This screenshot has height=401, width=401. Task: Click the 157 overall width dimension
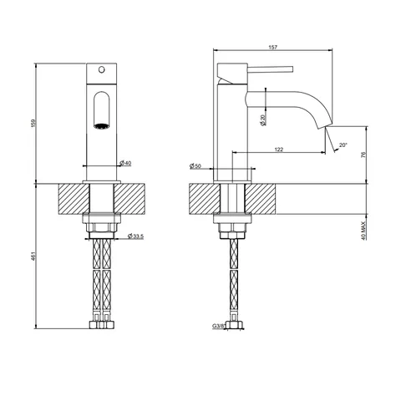coord(273,48)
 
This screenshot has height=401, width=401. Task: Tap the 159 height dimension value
coord(33,124)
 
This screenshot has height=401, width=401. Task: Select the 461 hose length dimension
coord(33,256)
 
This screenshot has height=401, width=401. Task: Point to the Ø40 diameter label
coord(125,163)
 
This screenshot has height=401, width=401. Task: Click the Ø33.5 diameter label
coord(135,236)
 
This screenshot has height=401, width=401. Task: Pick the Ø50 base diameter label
coord(195,166)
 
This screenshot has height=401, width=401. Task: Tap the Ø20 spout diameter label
coord(263,119)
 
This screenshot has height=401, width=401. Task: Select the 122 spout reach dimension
coord(279,150)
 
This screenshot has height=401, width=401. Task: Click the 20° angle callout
coord(343,145)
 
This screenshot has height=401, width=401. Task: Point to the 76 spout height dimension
coord(363,155)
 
